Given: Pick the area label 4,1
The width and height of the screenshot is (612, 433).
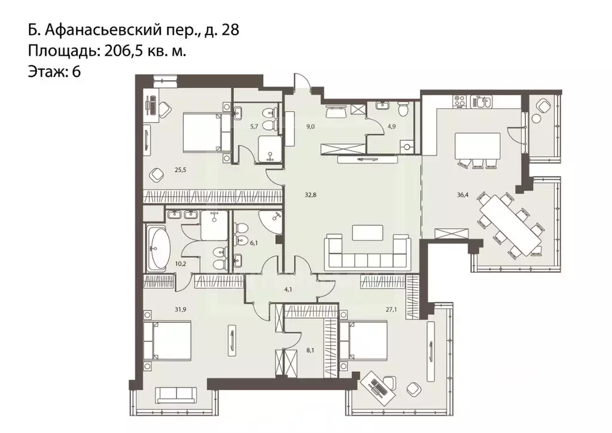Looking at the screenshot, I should pyautogui.click(x=287, y=290).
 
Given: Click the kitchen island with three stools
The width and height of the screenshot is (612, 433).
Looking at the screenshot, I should pyautogui.click(x=477, y=145).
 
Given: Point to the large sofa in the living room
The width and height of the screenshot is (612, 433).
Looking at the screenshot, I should pyautogui.click(x=367, y=253).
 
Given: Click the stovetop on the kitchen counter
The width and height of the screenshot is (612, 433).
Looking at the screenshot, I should pyautogui.click(x=459, y=101).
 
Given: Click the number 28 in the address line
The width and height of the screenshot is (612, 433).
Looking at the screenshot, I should pyautogui.click(x=230, y=31).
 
